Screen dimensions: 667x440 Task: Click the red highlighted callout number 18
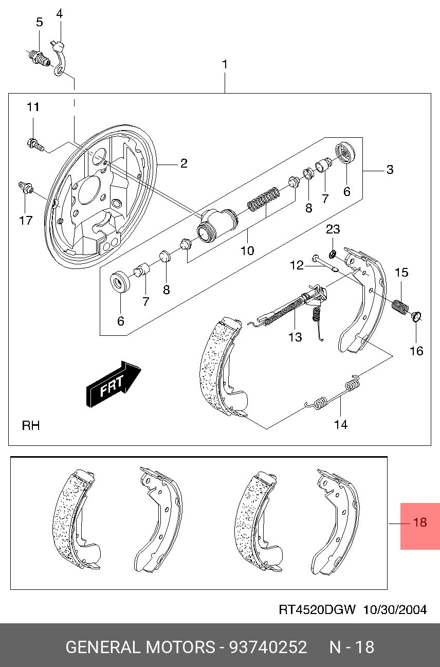coord(420,522)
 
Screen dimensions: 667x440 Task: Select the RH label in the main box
coord(31,426)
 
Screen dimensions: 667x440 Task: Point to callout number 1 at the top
coord(225,65)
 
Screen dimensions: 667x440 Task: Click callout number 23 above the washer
coord(333,229)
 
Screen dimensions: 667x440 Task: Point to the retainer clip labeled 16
coord(417,317)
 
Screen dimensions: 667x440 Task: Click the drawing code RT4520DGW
coord(317,610)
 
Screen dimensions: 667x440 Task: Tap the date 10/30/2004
coord(395,610)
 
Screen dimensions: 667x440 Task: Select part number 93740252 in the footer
coord(268,646)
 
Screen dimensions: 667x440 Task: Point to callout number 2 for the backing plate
coord(184,164)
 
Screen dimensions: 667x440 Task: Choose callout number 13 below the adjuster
coord(295,337)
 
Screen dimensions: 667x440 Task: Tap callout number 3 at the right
coord(390,169)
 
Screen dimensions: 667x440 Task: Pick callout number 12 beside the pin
coord(297,265)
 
